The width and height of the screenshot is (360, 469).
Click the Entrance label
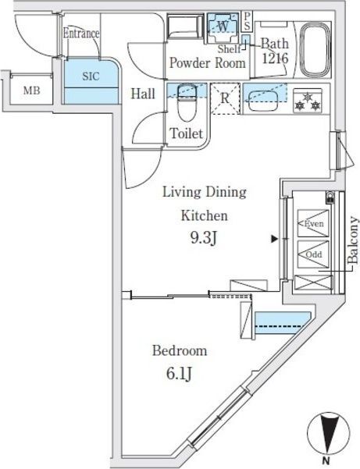[81, 34]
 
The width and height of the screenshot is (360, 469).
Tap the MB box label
[30, 91]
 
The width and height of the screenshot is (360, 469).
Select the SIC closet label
[90, 76]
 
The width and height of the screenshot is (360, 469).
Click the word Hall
[142, 94]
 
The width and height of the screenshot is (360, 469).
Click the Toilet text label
[187, 134]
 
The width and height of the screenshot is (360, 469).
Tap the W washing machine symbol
[223, 26]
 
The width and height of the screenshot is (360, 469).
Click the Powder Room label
[208, 63]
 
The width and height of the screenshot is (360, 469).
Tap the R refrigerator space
[225, 99]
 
